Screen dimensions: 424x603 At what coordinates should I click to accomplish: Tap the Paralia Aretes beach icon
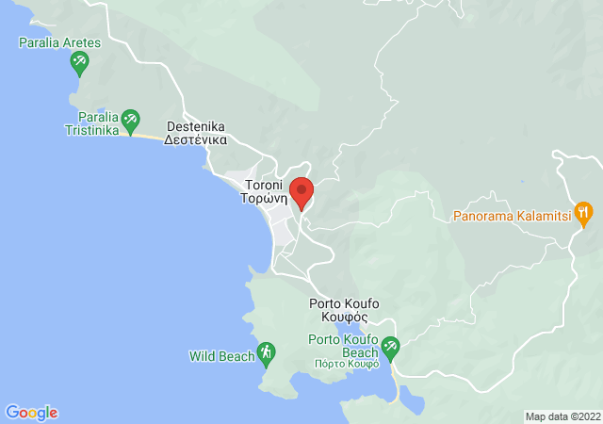click(x=80, y=64)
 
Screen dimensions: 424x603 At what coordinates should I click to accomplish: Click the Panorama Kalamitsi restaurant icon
click(x=585, y=212)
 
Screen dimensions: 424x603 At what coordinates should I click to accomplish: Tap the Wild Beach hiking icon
click(x=267, y=353)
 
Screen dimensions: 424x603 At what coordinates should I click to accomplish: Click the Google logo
click(x=31, y=413)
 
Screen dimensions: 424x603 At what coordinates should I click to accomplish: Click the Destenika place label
click(x=197, y=125)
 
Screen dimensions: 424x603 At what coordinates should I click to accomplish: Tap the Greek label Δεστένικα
click(x=197, y=139)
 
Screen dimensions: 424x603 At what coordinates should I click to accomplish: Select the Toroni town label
click(x=264, y=185)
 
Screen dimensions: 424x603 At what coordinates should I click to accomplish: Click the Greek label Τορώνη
click(x=264, y=199)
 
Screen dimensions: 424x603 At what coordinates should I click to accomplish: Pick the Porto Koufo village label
click(x=344, y=303)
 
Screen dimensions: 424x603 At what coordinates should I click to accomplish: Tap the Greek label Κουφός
click(x=344, y=318)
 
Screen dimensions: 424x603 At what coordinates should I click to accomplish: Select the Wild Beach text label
click(x=221, y=356)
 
